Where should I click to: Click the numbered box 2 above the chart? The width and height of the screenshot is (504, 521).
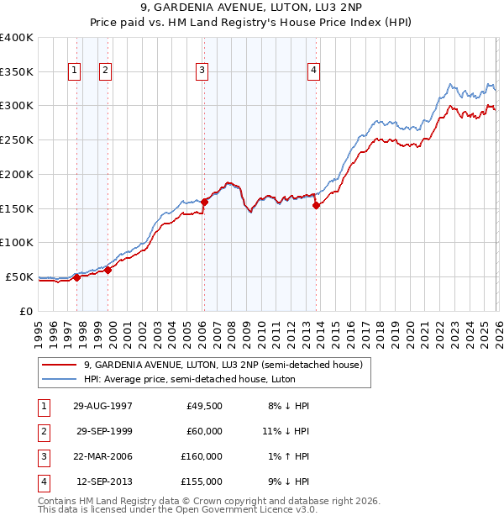pyautogui.click(x=105, y=71)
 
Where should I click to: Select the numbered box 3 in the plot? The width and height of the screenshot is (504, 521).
pyautogui.click(x=202, y=71)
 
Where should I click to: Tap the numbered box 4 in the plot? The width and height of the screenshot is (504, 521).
pyautogui.click(x=313, y=71)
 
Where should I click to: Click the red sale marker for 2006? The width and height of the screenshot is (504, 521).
pyautogui.click(x=203, y=201)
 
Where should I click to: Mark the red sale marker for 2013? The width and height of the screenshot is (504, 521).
pyautogui.click(x=315, y=205)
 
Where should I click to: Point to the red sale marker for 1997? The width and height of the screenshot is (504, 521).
pyautogui.click(x=76, y=277)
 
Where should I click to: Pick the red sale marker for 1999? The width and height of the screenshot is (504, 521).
pyautogui.click(x=108, y=270)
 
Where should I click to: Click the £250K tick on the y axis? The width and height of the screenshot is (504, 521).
pyautogui.click(x=17, y=139)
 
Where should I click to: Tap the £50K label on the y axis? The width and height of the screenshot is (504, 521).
pyautogui.click(x=19, y=276)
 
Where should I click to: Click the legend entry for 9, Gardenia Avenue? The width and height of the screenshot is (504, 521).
pyautogui.click(x=223, y=366)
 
